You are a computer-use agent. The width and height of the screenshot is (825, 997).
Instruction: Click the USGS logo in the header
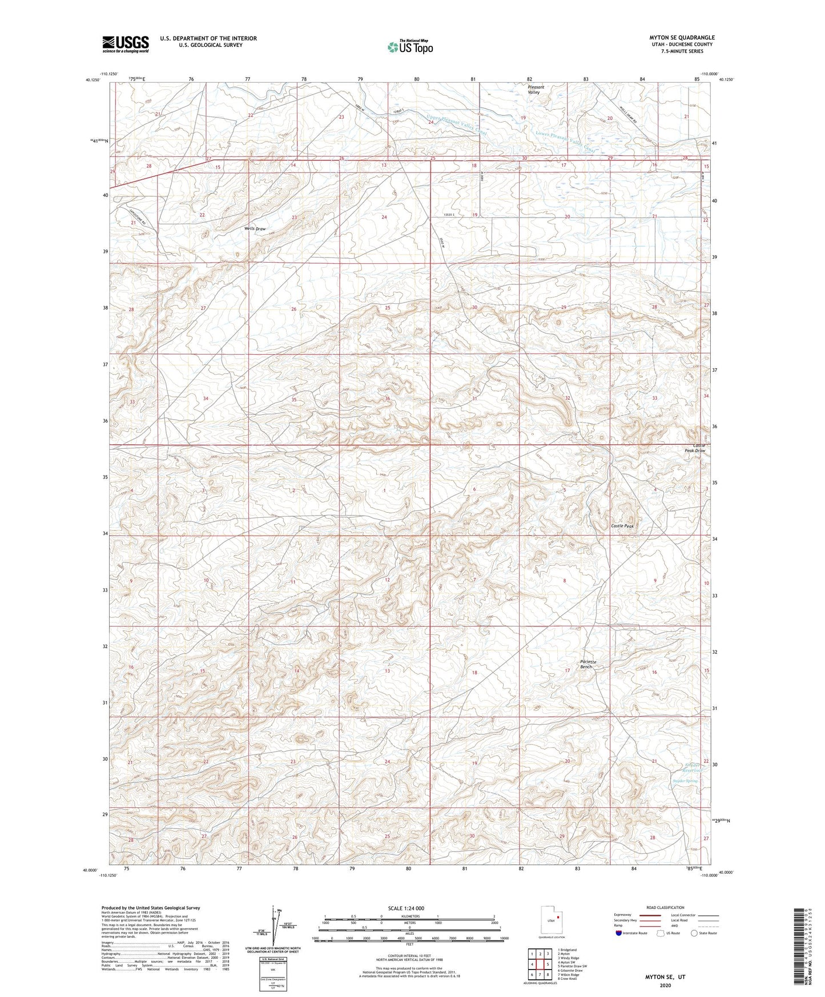(x=126, y=44)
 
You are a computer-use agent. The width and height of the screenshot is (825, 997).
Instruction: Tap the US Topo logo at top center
(x=409, y=47)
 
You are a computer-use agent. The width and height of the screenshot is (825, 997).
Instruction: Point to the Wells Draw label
(x=255, y=229)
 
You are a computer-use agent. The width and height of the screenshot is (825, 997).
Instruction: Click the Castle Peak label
(x=622, y=526)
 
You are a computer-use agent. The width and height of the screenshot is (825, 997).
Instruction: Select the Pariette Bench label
(x=588, y=664)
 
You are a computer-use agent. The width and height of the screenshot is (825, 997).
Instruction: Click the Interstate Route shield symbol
(x=619, y=933)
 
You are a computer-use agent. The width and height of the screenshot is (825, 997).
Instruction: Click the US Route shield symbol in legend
(x=661, y=933)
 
